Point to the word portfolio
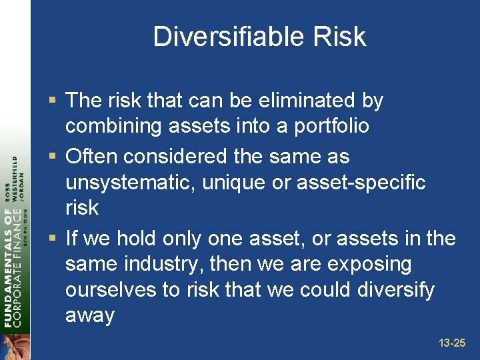(x=329, y=126)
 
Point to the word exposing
(x=370, y=264)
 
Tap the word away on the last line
(x=90, y=315)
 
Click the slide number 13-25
(x=452, y=343)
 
